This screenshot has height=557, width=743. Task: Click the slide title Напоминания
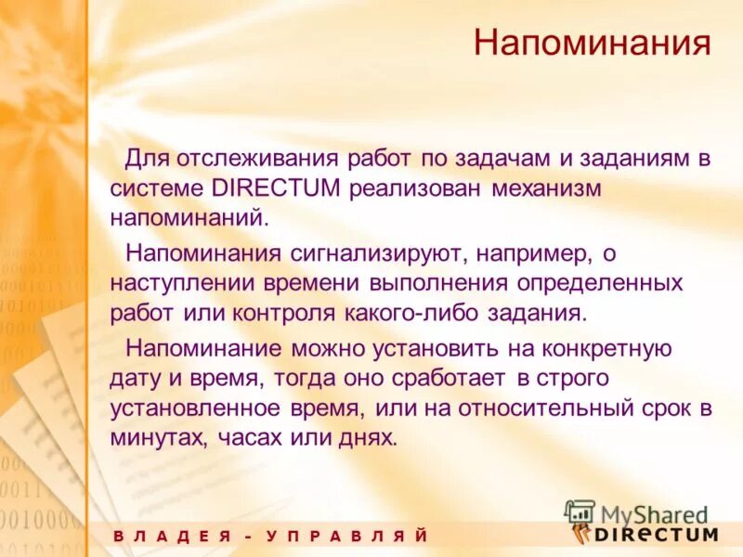click(593, 44)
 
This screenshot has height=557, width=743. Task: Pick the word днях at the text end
click(371, 438)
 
